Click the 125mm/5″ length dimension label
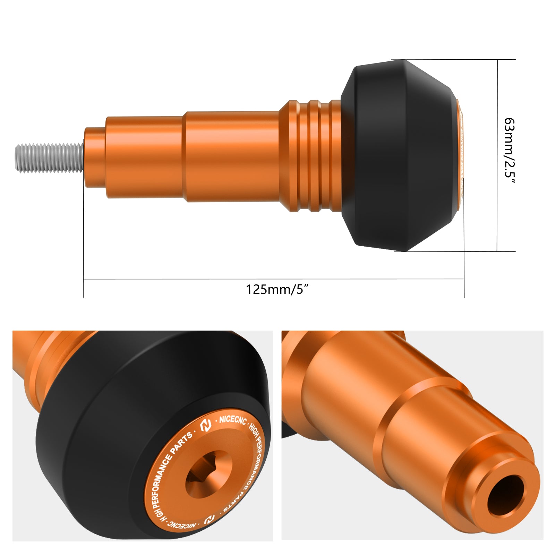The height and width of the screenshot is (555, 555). pyautogui.click(x=277, y=289)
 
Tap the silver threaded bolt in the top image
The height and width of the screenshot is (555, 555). pyautogui.click(x=49, y=157)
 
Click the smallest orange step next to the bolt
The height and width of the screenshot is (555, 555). pyautogui.click(x=95, y=157)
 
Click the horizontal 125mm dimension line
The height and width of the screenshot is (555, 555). pyautogui.click(x=208, y=279)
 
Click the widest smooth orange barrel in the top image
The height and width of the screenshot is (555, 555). pyautogui.click(x=232, y=156)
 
